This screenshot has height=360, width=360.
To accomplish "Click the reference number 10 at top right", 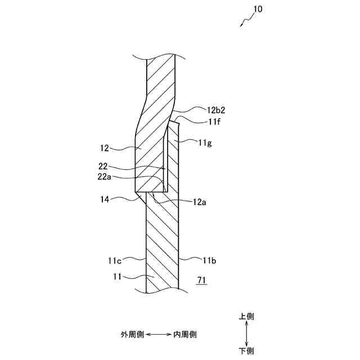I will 258,10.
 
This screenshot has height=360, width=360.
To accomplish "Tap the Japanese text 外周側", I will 133,334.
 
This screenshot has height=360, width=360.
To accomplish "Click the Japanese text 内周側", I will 185,334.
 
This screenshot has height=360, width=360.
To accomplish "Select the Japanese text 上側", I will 246,317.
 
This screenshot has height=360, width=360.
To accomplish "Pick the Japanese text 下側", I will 246,351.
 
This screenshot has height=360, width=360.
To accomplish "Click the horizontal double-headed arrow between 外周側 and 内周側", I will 159,334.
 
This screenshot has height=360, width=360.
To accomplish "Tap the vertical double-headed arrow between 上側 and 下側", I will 246,334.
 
